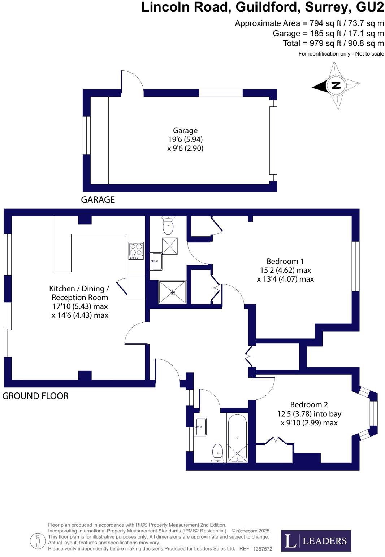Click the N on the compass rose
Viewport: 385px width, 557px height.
click(x=336, y=85)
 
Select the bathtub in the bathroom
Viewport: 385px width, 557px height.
click(x=237, y=438)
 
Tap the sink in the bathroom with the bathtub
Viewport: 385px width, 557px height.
click(x=200, y=427)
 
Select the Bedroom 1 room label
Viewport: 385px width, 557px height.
click(x=285, y=261)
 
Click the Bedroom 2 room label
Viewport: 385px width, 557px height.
click(x=309, y=405)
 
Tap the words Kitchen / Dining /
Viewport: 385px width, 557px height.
click(x=79, y=289)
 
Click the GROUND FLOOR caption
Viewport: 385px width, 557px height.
click(x=35, y=396)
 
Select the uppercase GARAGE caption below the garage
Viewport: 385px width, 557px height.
click(x=98, y=199)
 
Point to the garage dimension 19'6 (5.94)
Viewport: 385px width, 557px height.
click(x=185, y=139)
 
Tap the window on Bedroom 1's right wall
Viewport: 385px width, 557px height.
click(x=355, y=266)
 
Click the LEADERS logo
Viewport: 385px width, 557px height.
click(x=316, y=541)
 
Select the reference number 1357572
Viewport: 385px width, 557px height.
click(x=263, y=549)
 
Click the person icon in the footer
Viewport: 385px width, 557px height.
click(x=38, y=541)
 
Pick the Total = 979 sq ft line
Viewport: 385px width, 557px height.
click(x=333, y=43)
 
